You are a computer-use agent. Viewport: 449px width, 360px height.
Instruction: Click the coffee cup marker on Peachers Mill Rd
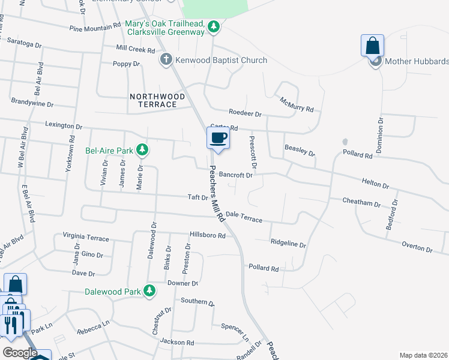217,138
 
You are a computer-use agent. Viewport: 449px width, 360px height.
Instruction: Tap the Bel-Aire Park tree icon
142,149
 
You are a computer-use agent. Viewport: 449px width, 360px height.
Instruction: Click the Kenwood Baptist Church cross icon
166,60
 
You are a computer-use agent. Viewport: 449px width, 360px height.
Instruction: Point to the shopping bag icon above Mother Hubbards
372,46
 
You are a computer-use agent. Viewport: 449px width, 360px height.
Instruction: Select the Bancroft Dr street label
237,175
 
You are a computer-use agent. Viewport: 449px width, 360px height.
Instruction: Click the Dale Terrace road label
244,217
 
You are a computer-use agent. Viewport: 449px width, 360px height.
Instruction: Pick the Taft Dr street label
197,197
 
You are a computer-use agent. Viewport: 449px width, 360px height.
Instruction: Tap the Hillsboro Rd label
207,236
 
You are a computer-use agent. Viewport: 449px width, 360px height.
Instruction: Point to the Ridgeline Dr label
288,245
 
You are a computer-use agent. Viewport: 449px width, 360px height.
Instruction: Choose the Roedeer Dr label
245,113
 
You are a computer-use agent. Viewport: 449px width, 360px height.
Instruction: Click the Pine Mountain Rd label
95,28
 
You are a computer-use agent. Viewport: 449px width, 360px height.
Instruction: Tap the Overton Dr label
417,246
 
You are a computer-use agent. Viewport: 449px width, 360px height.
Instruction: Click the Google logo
20,353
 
